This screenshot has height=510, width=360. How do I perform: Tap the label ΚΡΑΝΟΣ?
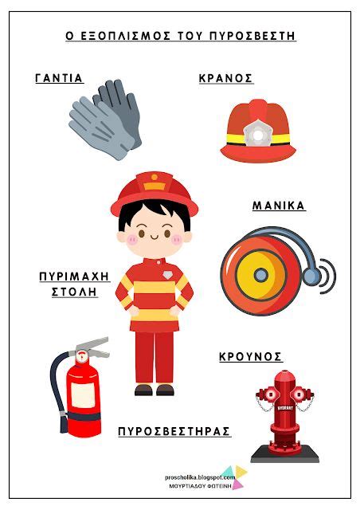[226, 78]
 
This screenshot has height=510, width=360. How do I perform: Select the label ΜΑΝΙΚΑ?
[279, 206]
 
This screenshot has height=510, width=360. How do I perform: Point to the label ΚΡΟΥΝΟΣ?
[251, 358]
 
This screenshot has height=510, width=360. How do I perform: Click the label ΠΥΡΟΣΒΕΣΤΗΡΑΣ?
[174, 431]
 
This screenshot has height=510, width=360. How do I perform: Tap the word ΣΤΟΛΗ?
[73, 292]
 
